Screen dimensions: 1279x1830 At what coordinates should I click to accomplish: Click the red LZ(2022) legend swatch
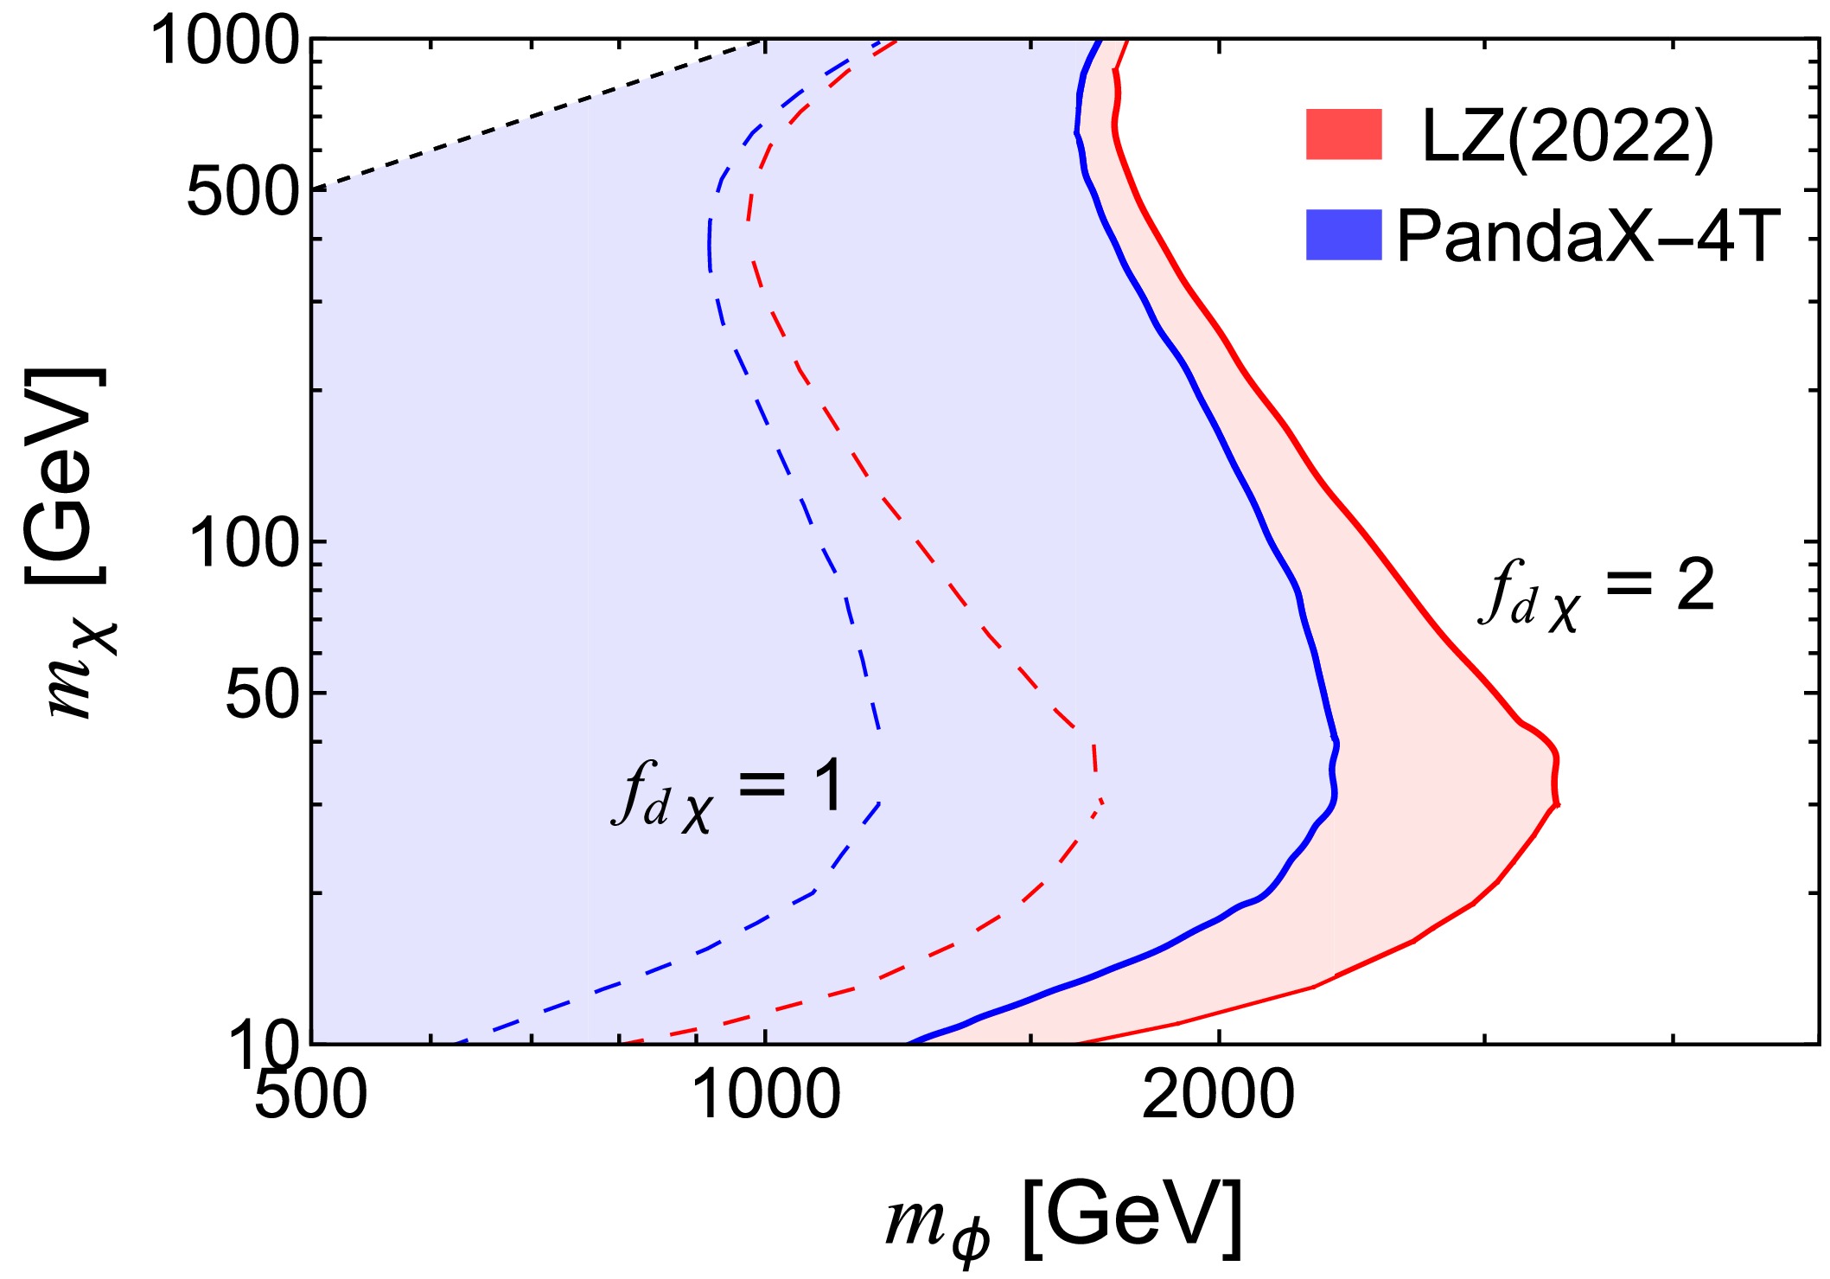pos(1343,134)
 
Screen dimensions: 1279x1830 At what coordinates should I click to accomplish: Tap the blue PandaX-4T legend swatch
pos(1343,234)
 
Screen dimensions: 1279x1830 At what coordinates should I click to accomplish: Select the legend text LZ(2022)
pos(1567,137)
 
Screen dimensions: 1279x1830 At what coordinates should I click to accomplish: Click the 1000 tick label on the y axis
pos(226,42)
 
